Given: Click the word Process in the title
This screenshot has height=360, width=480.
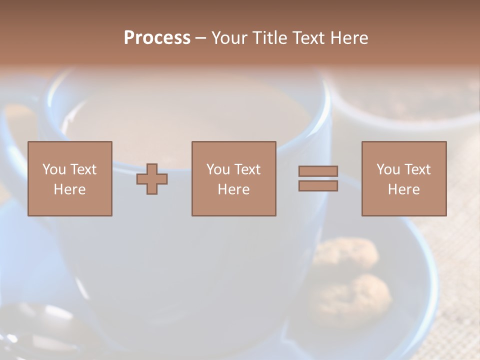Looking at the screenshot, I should coord(157,38).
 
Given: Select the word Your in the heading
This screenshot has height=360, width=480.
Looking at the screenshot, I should coord(229,38).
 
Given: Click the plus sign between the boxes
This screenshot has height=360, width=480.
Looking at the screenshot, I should coord(152,179).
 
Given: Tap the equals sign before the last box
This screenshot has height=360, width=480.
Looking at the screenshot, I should coord(318,178).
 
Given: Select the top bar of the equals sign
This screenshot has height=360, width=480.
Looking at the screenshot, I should coord(318,171).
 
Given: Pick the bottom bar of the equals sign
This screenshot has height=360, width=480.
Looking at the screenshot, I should coord(318,186).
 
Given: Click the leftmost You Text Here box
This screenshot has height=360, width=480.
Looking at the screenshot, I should coord(69,178).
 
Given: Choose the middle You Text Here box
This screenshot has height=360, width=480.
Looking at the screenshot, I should coord(233,178).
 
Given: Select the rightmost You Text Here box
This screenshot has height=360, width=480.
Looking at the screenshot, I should coord(403,178).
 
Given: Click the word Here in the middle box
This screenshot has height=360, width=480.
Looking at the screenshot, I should coord(233,189).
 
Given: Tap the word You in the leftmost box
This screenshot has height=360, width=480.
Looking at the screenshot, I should coord(54,169).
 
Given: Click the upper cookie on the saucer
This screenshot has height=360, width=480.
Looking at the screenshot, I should coord(347,252).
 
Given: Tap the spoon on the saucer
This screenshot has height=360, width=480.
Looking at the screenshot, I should coord(40,325).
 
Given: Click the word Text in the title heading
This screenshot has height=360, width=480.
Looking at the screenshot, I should coord(307,38).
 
